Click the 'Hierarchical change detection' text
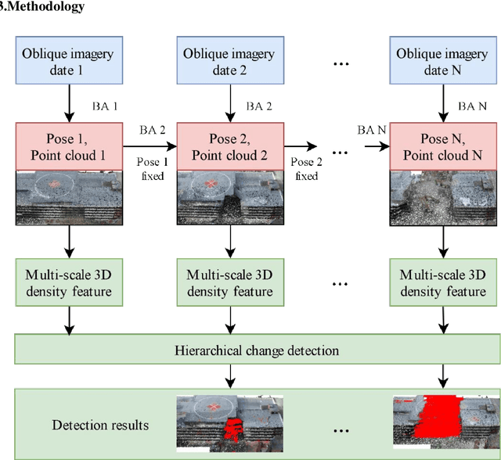(256, 350)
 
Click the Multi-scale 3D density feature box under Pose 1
(68, 282)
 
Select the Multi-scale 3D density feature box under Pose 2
(229, 282)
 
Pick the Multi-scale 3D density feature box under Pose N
(444, 282)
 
